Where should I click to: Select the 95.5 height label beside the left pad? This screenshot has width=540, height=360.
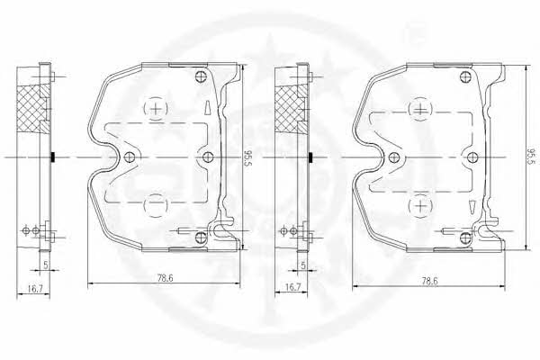coord(248,157)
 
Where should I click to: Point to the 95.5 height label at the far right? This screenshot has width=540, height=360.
coord(532,157)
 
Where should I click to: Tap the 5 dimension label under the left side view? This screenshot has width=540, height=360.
coord(45,265)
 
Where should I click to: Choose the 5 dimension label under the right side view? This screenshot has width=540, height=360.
coord(303,265)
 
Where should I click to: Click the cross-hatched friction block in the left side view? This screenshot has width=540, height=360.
coord(31,109)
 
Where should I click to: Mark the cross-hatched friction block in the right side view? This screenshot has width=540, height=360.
coord(289,109)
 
